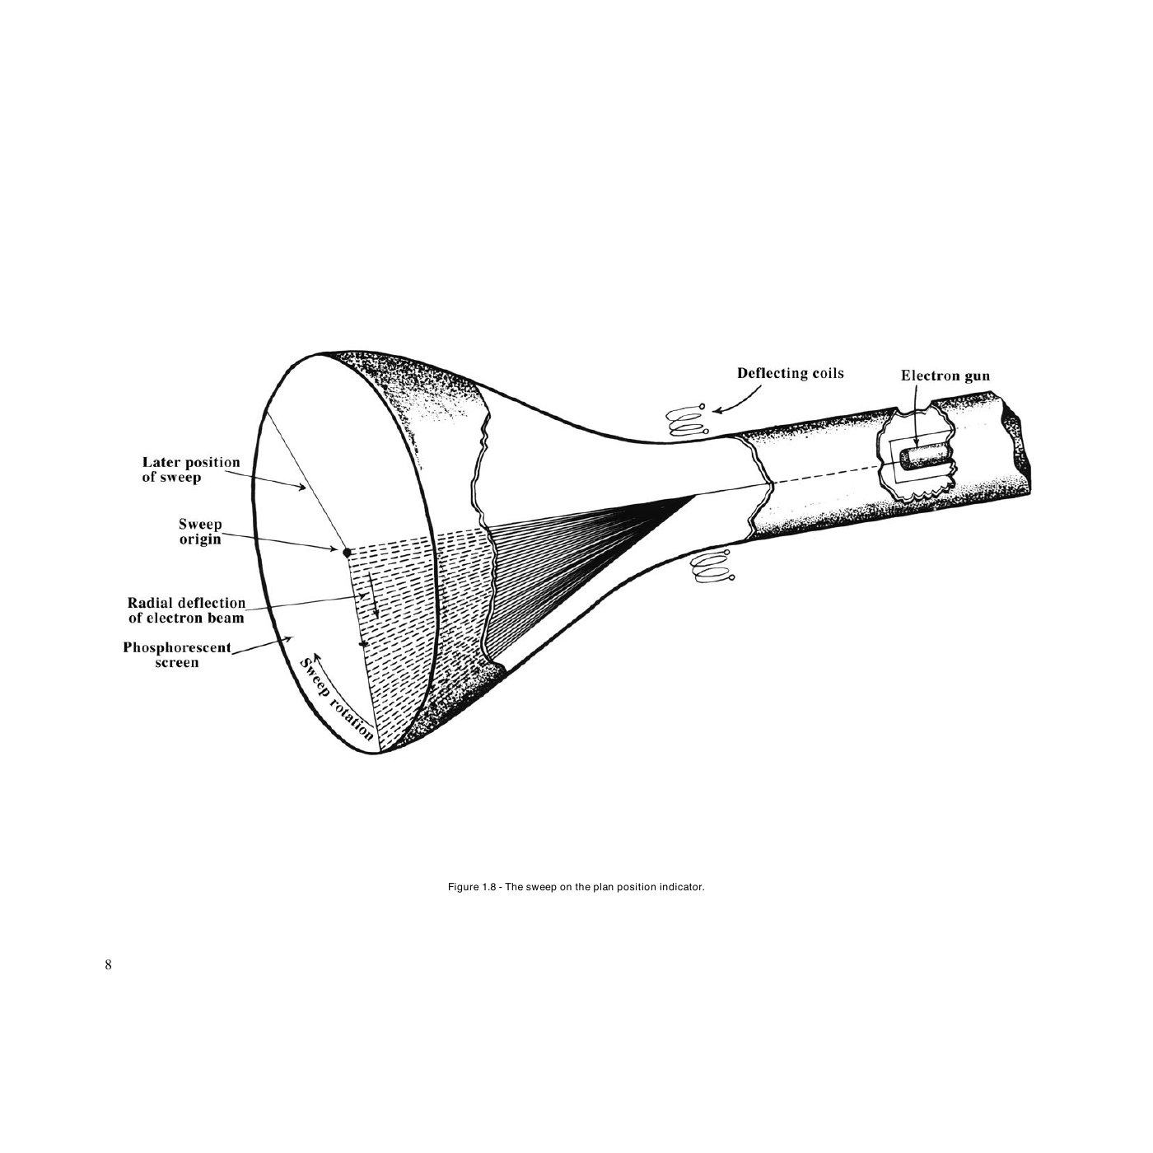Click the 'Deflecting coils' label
click(x=790, y=373)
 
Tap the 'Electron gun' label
click(x=945, y=376)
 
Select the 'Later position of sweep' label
click(x=191, y=469)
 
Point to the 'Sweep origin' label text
click(x=200, y=531)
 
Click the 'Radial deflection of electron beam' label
click(x=187, y=610)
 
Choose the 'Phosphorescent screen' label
click(x=177, y=655)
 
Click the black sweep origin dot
click(x=347, y=553)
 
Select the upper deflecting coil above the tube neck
click(x=687, y=421)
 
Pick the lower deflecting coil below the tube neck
click(x=712, y=566)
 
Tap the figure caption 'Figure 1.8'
click(x=471, y=887)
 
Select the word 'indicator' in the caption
click(x=681, y=887)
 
